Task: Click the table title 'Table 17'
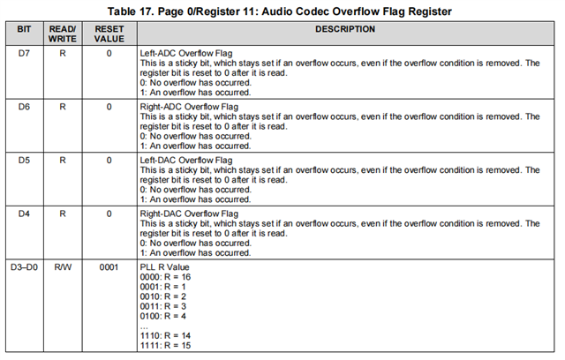(282, 11)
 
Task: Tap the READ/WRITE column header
(63, 34)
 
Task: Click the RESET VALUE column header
(109, 34)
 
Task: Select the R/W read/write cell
(63, 266)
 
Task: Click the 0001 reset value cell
(109, 266)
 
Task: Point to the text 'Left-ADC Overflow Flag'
(186, 54)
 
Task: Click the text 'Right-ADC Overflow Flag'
(189, 107)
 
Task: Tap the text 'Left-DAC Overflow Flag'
(186, 160)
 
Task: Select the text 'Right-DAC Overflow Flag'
(189, 213)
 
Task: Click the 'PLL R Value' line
(164, 266)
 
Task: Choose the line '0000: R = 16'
(166, 276)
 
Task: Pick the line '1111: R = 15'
(166, 344)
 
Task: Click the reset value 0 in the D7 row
(109, 54)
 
